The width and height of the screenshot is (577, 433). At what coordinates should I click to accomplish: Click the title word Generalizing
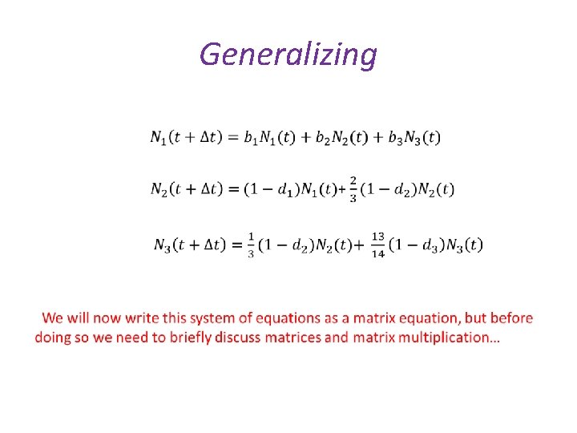click(288, 55)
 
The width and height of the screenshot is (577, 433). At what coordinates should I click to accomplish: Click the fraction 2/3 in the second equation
click(353, 189)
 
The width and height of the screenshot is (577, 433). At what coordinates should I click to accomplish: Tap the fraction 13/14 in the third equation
click(378, 245)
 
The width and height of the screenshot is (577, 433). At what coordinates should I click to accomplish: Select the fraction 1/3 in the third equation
click(251, 245)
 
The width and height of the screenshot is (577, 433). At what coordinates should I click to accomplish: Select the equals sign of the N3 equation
click(237, 245)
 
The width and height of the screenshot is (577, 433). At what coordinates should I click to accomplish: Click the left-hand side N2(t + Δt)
click(187, 189)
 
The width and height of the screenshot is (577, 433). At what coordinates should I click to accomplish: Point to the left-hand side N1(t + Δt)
click(187, 137)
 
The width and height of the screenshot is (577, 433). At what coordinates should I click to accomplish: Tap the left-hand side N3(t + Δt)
click(191, 245)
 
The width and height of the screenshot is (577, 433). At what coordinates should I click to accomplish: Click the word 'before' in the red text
click(511, 318)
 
